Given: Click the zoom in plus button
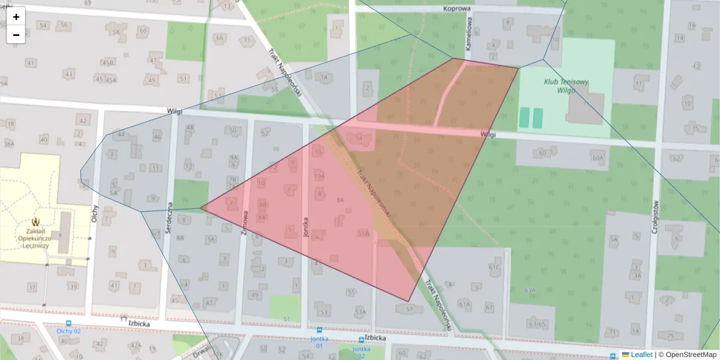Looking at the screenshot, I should [x=16, y=17].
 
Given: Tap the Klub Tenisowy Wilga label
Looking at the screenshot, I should [x=566, y=86].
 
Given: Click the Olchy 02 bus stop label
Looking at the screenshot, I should [x=68, y=331].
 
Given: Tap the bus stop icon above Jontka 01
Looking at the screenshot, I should [x=319, y=330].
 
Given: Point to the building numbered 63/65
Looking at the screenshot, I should [x=538, y=323].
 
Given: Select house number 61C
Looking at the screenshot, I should [x=494, y=267].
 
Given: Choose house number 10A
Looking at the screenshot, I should [x=319, y=176].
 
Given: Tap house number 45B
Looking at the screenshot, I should [x=107, y=62].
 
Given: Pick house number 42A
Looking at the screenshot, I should [x=136, y=345].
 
